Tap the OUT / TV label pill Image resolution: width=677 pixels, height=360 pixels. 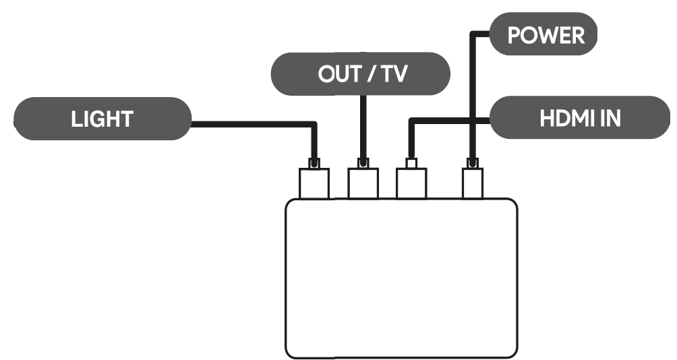[x=360, y=75]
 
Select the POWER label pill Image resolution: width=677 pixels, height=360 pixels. [x=543, y=36]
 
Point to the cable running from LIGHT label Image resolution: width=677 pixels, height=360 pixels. [x=256, y=123]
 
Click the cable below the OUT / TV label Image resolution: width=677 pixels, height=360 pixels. [x=363, y=128]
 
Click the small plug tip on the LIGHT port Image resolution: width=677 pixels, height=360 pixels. [x=314, y=163]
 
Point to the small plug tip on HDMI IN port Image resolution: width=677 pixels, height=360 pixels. [x=411, y=163]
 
